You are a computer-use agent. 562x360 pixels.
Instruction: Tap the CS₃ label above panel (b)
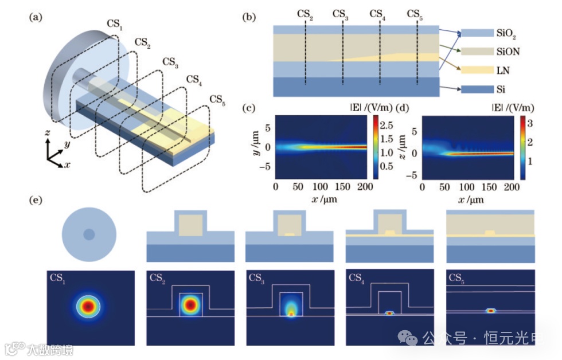point(340,13)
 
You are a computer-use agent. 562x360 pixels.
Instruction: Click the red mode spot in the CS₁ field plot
point(88,306)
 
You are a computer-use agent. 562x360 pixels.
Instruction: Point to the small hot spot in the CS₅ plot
point(491,311)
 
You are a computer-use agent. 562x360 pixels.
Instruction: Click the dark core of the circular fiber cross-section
point(89,234)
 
